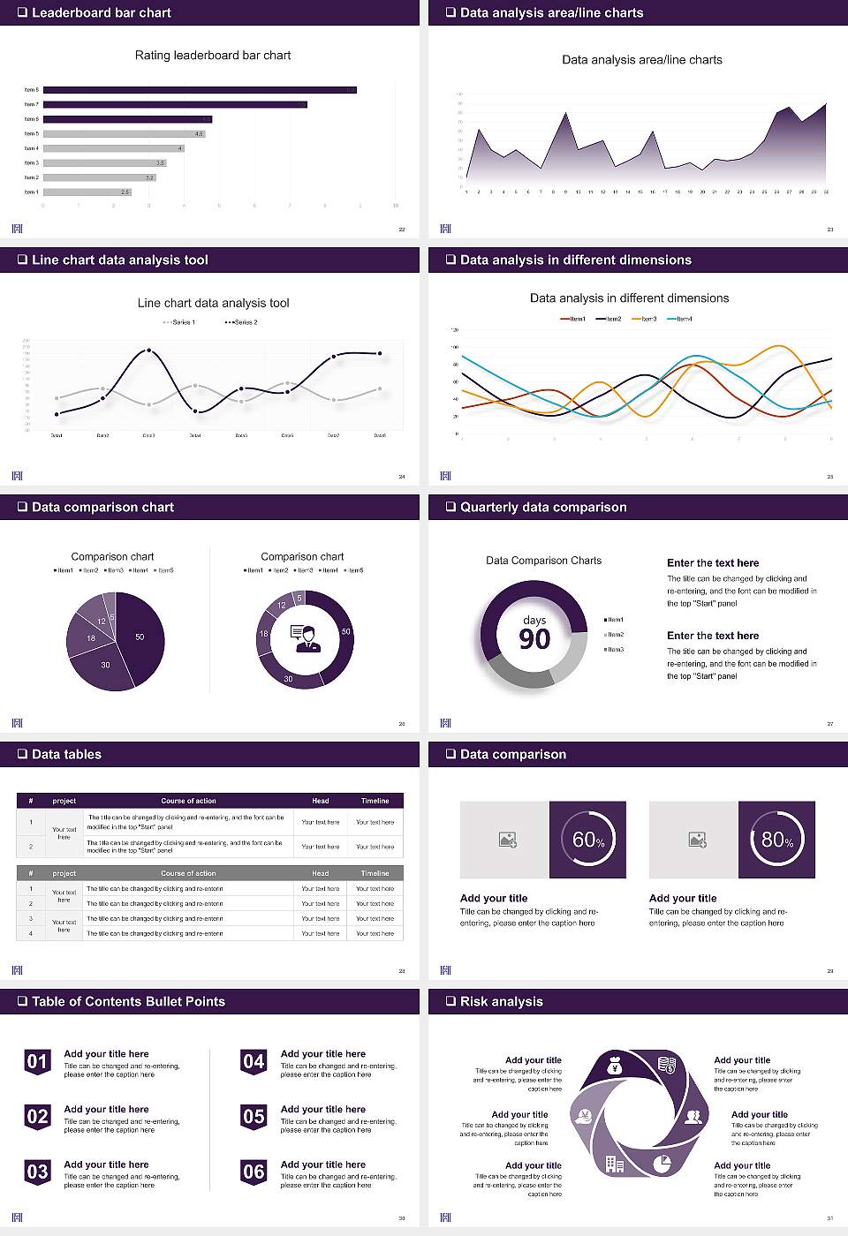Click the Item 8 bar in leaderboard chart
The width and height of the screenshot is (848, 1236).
coord(200,89)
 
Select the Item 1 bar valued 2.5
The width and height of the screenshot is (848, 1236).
coord(87,192)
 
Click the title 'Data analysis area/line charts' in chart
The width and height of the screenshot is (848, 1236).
coord(642,60)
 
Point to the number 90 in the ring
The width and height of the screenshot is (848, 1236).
coord(534,639)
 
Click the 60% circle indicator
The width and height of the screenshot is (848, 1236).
coord(588,840)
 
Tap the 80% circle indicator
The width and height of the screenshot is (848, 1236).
coord(777,840)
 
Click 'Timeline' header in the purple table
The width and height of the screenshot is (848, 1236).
coord(375,801)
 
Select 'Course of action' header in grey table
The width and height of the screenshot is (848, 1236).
coord(188,873)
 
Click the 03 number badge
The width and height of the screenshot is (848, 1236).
coord(37,1172)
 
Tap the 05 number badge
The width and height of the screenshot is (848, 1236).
coord(254,1117)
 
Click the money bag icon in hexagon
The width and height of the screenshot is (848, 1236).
coord(615,1067)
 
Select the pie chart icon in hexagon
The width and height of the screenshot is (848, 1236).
coord(662,1163)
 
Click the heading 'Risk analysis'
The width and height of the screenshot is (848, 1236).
coord(501,1001)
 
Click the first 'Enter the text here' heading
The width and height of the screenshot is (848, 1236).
coord(713,563)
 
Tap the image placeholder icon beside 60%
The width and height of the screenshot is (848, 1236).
coord(507,840)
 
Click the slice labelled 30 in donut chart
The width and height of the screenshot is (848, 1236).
coord(289,678)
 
